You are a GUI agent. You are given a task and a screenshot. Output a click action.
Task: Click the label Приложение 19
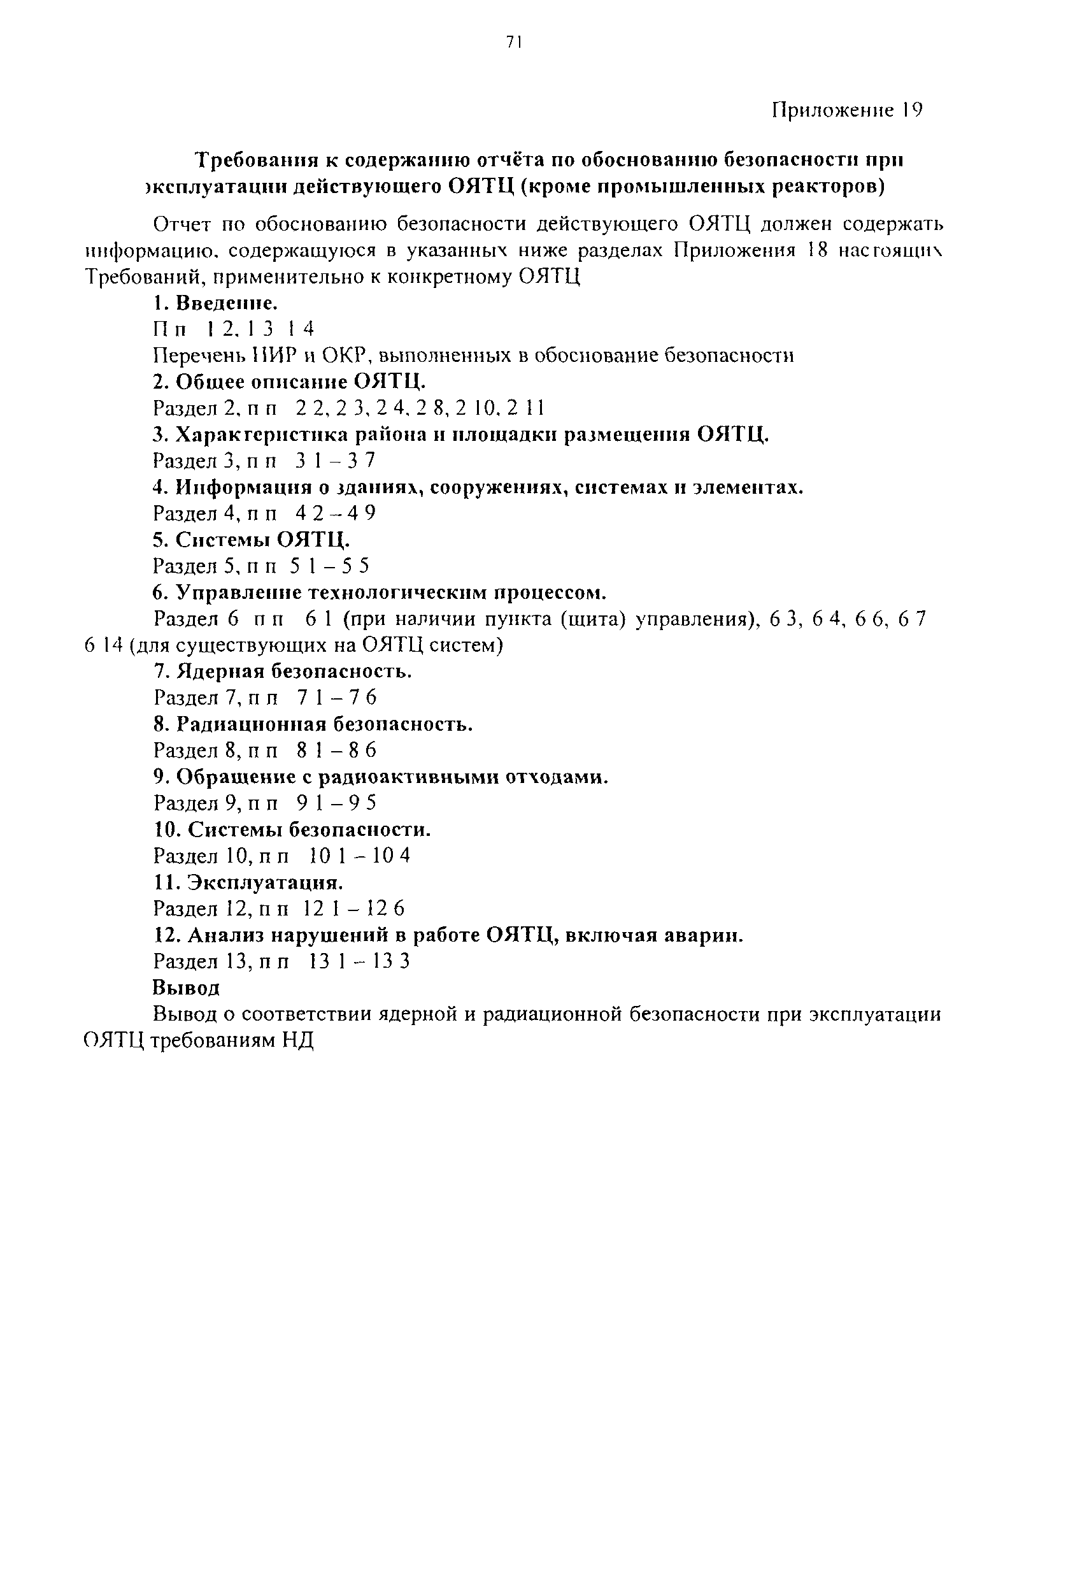tap(847, 111)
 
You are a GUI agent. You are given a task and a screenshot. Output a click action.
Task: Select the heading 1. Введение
tap(215, 303)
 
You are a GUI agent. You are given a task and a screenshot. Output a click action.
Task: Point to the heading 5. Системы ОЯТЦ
tap(251, 540)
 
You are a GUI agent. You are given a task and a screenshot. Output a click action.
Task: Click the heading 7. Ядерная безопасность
tap(283, 671)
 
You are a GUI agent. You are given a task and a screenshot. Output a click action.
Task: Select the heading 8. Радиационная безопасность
tap(313, 724)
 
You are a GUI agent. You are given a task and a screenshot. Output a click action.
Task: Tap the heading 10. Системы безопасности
tap(292, 830)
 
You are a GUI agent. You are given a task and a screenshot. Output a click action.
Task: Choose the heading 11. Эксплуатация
tap(248, 882)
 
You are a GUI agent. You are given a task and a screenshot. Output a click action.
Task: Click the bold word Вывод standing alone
tap(186, 987)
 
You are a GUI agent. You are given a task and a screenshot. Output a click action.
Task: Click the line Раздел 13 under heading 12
tap(281, 961)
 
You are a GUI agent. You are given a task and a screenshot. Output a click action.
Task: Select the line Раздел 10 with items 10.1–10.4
tap(281, 856)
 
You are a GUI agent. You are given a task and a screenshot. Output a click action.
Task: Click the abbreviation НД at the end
tap(297, 1041)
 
